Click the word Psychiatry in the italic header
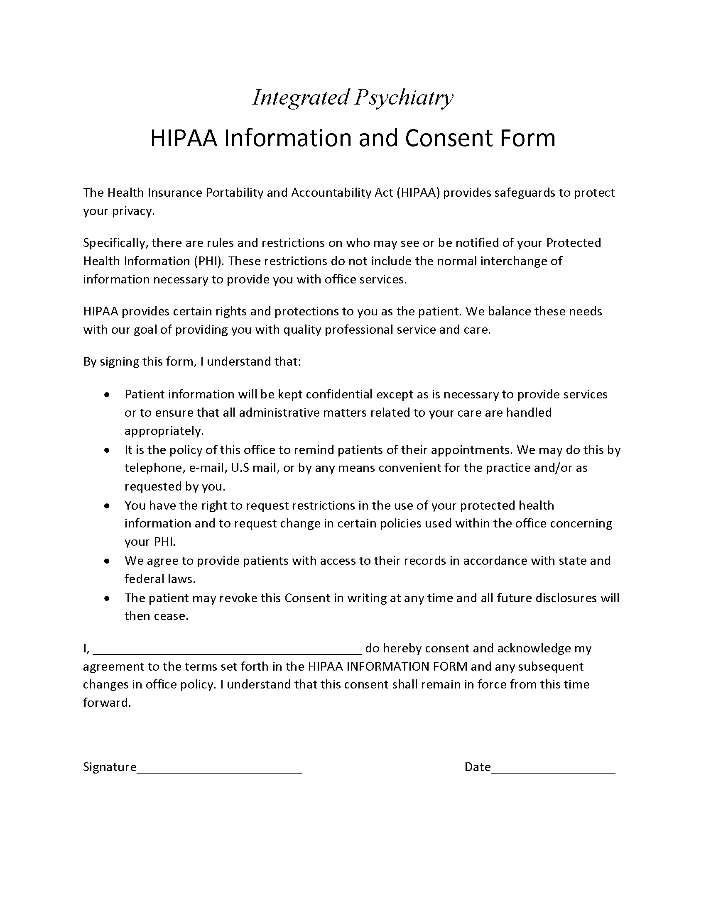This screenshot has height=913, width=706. [404, 98]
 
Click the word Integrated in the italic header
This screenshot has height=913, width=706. [301, 98]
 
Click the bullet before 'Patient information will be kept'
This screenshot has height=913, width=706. [108, 395]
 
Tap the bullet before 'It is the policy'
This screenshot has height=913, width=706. [108, 450]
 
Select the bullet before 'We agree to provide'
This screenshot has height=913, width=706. [108, 561]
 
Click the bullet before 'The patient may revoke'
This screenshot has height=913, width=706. [108, 598]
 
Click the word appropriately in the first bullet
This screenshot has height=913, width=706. [164, 431]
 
